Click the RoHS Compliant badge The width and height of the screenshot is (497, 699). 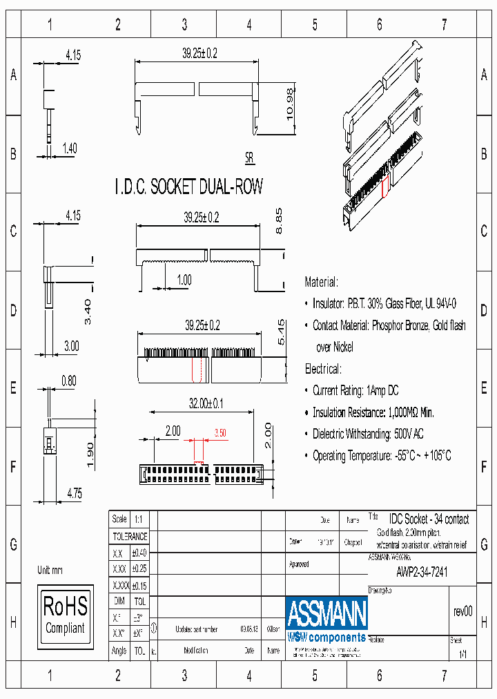pyautogui.click(x=66, y=614)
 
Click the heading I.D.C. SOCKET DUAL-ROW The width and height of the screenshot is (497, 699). pyautogui.click(x=188, y=187)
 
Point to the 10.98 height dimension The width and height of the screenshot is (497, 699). pyautogui.click(x=290, y=105)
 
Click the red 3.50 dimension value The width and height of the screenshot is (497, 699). pyautogui.click(x=220, y=432)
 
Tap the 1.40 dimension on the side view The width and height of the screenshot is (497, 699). pyautogui.click(x=70, y=147)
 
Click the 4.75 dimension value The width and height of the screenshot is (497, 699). pyautogui.click(x=74, y=493)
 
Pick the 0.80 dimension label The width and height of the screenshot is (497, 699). pyautogui.click(x=68, y=380)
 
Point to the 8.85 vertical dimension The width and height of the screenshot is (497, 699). pyautogui.click(x=280, y=221)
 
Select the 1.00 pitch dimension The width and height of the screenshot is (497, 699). pyautogui.click(x=184, y=279)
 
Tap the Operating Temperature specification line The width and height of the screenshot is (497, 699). pyautogui.click(x=382, y=456)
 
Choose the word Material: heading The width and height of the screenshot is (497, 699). pyautogui.click(x=322, y=282)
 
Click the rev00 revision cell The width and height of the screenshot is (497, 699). pyautogui.click(x=462, y=611)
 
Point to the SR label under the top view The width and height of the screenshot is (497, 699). pyautogui.click(x=249, y=158)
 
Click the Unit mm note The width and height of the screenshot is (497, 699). pyautogui.click(x=50, y=570)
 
